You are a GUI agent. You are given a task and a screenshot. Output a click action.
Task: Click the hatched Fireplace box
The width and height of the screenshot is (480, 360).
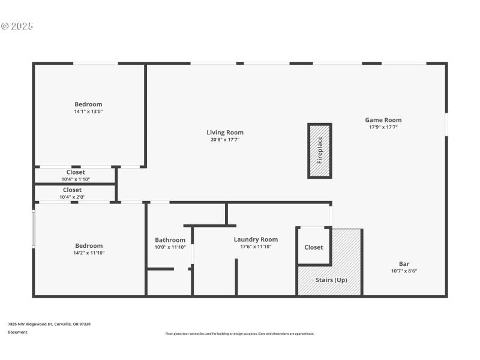[x=320, y=151]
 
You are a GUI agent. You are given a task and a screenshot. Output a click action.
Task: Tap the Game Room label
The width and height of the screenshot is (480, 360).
[x=383, y=120]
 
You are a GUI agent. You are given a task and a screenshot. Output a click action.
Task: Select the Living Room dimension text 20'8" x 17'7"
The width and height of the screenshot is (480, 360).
[x=225, y=140]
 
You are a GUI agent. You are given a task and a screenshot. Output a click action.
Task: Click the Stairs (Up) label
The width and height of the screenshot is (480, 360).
[x=331, y=280]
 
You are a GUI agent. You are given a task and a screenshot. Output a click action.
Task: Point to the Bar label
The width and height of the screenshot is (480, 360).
[x=404, y=263]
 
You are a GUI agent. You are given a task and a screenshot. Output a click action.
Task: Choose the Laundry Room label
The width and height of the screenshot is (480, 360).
[x=256, y=239]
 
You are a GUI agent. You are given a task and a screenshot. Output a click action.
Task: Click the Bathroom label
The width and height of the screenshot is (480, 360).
[x=170, y=240]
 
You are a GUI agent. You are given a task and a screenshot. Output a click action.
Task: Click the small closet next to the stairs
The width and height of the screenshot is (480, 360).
[x=313, y=247]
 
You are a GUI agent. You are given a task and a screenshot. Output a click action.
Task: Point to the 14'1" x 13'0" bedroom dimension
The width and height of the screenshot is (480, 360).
[x=88, y=112]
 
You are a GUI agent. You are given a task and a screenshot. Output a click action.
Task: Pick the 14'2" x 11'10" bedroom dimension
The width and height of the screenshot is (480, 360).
[x=89, y=253]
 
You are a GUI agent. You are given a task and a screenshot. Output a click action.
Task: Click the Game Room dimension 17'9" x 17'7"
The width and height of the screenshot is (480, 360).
[x=383, y=127]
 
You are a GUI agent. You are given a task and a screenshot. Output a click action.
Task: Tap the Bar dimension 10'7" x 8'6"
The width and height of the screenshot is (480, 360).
[x=404, y=271]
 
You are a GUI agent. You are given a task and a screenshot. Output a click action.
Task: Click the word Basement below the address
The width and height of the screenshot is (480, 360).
[x=17, y=332]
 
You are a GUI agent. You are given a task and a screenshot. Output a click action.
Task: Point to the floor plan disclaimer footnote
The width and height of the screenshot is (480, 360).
[x=239, y=334]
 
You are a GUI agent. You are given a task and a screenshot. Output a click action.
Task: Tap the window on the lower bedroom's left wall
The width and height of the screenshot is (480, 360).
[x=34, y=228]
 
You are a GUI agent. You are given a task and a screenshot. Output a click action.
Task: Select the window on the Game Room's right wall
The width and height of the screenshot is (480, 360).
[x=446, y=124]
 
